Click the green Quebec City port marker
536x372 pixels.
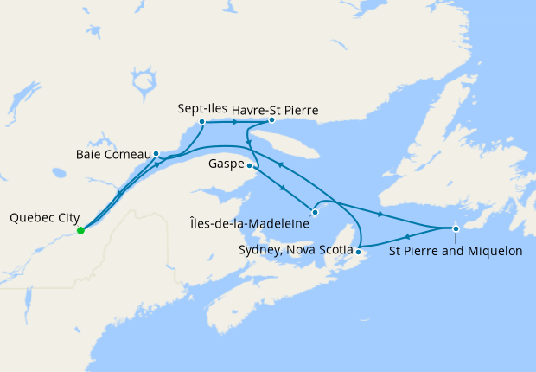pos(80,231)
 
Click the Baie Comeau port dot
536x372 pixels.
pos(156,154)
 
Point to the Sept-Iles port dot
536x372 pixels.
pos(201,122)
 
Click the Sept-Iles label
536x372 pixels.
pos(201,110)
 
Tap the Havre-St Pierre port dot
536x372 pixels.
pos(271,121)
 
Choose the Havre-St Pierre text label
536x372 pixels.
pos(276,110)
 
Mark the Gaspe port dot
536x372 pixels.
pos(250,165)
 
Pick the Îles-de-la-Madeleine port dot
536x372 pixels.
pos(315,212)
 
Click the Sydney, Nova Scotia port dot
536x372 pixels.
pos(358,251)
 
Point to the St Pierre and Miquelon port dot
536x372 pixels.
pos(456,228)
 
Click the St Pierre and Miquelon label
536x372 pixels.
pos(456,252)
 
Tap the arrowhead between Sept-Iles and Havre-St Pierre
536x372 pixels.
pos(235,122)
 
